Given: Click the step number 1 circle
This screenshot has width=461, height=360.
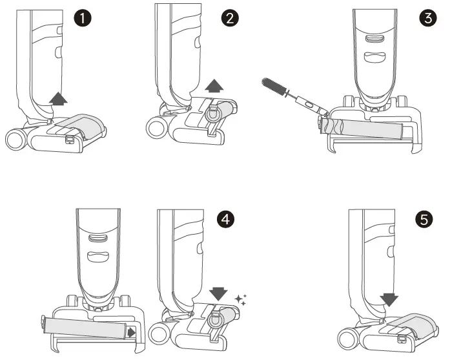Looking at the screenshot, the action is (x=83, y=18).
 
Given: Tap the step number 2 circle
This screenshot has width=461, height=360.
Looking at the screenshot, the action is (x=230, y=18).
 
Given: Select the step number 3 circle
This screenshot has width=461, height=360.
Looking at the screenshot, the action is (x=428, y=18).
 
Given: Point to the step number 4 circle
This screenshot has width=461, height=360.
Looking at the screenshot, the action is (x=225, y=219).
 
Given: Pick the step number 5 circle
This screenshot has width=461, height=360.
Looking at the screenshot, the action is (x=424, y=219).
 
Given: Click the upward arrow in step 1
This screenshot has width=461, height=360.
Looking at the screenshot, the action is (x=58, y=99).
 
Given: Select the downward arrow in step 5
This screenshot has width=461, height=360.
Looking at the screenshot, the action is (x=389, y=300).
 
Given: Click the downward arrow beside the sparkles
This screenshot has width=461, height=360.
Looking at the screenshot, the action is (x=218, y=294).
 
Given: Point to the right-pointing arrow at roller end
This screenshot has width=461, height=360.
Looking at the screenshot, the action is (x=132, y=333).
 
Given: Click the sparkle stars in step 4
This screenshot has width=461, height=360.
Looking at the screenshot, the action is (x=240, y=300).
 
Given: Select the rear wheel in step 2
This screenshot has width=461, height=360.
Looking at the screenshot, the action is (x=156, y=129).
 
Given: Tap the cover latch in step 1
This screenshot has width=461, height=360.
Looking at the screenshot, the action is (x=69, y=139).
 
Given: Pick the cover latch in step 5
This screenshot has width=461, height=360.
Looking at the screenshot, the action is (x=401, y=339).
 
